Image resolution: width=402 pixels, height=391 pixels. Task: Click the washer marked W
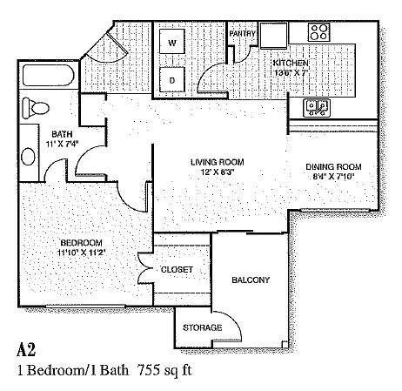172,41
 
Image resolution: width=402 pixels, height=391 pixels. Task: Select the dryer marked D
172,79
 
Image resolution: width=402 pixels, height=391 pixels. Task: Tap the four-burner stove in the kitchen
318,32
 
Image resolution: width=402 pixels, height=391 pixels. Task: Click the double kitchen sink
316,108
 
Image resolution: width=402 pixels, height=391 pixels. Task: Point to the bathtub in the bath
48,76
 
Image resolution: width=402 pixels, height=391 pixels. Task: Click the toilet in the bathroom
36,108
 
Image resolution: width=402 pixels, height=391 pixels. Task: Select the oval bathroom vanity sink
29,157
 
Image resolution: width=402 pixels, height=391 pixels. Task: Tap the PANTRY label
242,34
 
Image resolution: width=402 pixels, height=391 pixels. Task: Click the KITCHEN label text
291,63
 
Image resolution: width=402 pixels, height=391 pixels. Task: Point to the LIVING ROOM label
218,162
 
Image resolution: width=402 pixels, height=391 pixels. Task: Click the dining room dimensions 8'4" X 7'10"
334,177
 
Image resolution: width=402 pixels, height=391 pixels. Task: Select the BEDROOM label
81,242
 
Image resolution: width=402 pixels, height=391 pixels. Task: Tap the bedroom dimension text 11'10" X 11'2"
81,253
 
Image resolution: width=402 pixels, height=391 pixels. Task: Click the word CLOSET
177,270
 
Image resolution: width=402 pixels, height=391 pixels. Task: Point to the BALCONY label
251,280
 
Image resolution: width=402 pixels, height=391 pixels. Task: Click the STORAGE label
203,327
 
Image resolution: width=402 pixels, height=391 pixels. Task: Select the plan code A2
26,349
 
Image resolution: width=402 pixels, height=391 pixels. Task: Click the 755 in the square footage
148,370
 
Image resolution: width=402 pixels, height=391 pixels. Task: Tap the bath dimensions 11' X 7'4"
62,144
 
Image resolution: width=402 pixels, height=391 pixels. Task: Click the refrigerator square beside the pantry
274,35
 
